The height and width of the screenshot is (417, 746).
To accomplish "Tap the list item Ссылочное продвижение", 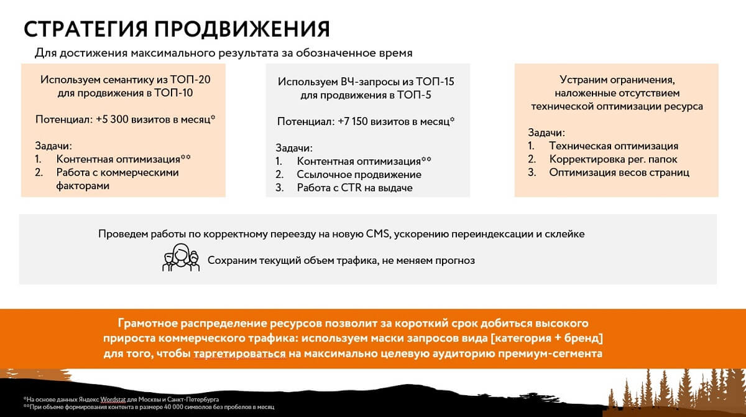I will pos(359,174).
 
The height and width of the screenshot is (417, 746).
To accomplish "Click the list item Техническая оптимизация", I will pos(614,146).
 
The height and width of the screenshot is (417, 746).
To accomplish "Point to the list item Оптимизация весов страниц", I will pos(619,173).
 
